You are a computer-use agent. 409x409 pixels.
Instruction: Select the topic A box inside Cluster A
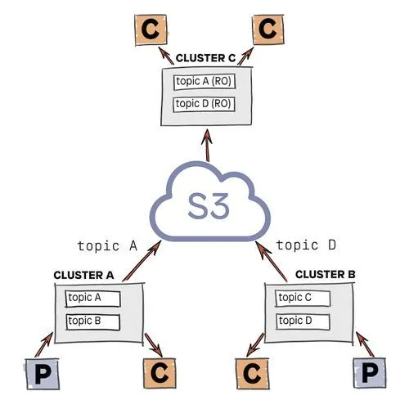coord(93,298)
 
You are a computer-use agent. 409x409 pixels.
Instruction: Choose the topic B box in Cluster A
coord(93,321)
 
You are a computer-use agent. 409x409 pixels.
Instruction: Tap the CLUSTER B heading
coord(324,273)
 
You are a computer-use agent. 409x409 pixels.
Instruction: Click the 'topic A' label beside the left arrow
coord(106,245)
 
